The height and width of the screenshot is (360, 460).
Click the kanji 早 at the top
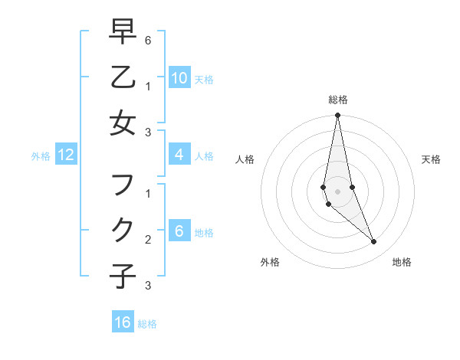pos(123,31)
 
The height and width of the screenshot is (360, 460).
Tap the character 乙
pos(123,77)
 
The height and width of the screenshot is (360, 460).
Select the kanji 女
pos(123,123)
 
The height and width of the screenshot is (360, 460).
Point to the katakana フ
pos(123,185)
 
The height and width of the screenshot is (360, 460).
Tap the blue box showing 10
pos(179,77)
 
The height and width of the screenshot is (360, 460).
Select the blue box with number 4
pos(179,155)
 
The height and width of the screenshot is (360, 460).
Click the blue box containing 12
pos(66,155)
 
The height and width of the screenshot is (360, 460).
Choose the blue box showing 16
pos(123,322)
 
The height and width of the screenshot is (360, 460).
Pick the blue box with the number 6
pos(179,231)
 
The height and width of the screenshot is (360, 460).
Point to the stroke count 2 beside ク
pos(148,239)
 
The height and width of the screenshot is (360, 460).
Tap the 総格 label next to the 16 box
pos(147,324)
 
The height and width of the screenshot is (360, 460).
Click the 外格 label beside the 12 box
pos(41,156)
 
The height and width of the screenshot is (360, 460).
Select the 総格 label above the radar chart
pos(337,100)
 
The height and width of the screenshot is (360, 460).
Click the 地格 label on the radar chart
pos(402,262)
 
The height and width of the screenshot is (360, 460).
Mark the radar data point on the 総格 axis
pos(337,116)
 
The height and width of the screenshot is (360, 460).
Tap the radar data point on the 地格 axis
pos(373,241)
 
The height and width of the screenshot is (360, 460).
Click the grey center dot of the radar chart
pos(337,191)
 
